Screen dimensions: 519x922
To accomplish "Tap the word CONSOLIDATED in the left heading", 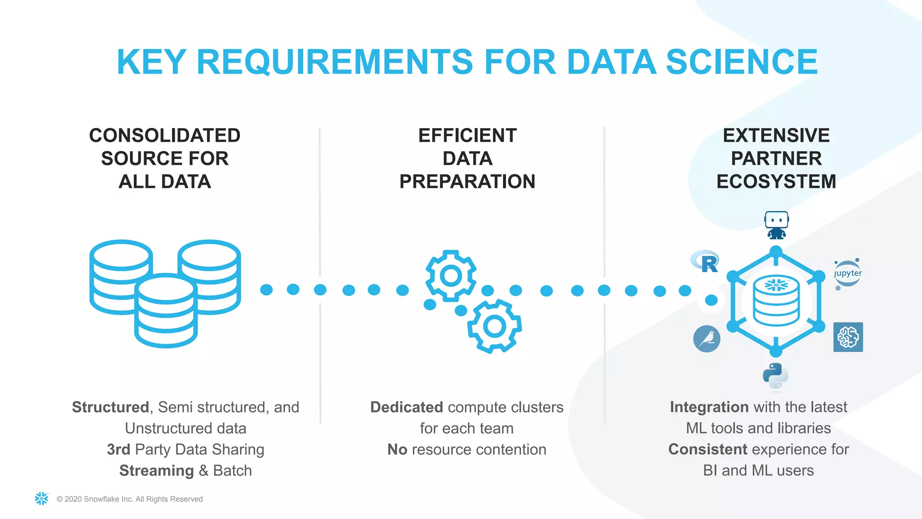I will point(165,136).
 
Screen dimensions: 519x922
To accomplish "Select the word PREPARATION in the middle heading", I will point(467,182).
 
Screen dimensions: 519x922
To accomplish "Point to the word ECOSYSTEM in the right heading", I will point(776,182).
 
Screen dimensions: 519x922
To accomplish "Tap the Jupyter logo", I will point(847,273).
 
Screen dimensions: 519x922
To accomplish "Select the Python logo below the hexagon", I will point(775,376).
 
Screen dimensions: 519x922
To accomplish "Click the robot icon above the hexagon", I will point(777,225).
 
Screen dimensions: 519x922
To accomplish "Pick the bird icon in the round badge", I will point(707,339).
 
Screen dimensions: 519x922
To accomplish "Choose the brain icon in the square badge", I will point(848,337).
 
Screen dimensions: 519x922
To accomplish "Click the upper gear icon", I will point(451,275).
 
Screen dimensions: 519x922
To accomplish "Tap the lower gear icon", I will point(494,326).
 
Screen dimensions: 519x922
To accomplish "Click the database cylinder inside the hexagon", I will point(776,301).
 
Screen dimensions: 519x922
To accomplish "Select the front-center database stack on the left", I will point(166,311).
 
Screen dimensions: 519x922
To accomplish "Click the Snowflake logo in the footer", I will point(41,498).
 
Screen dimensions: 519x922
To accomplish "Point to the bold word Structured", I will point(110,407).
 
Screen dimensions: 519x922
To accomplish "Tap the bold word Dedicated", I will point(407,407).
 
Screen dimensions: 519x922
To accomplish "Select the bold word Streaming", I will point(156,471).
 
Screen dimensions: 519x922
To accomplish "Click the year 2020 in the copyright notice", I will point(73,499).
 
